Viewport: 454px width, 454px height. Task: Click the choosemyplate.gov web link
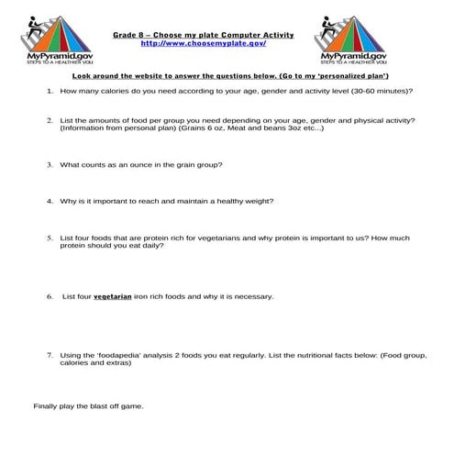[x=204, y=43]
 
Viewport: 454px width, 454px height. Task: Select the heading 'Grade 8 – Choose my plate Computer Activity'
[x=204, y=34]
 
